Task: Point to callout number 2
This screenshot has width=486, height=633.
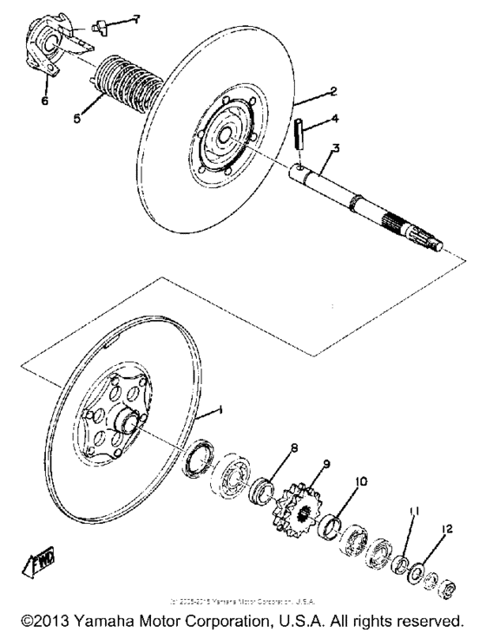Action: click(321, 90)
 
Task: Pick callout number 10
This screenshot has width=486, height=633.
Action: click(359, 480)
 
